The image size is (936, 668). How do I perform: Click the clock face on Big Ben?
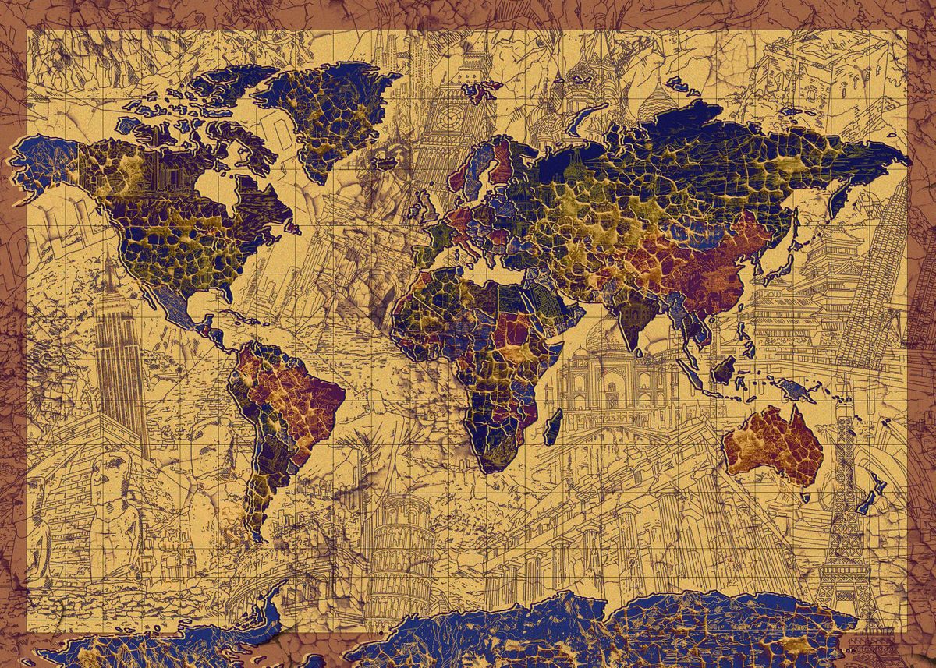(x=448, y=118)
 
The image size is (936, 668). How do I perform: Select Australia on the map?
(x=772, y=444)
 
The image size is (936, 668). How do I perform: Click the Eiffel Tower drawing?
(x=842, y=507)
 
